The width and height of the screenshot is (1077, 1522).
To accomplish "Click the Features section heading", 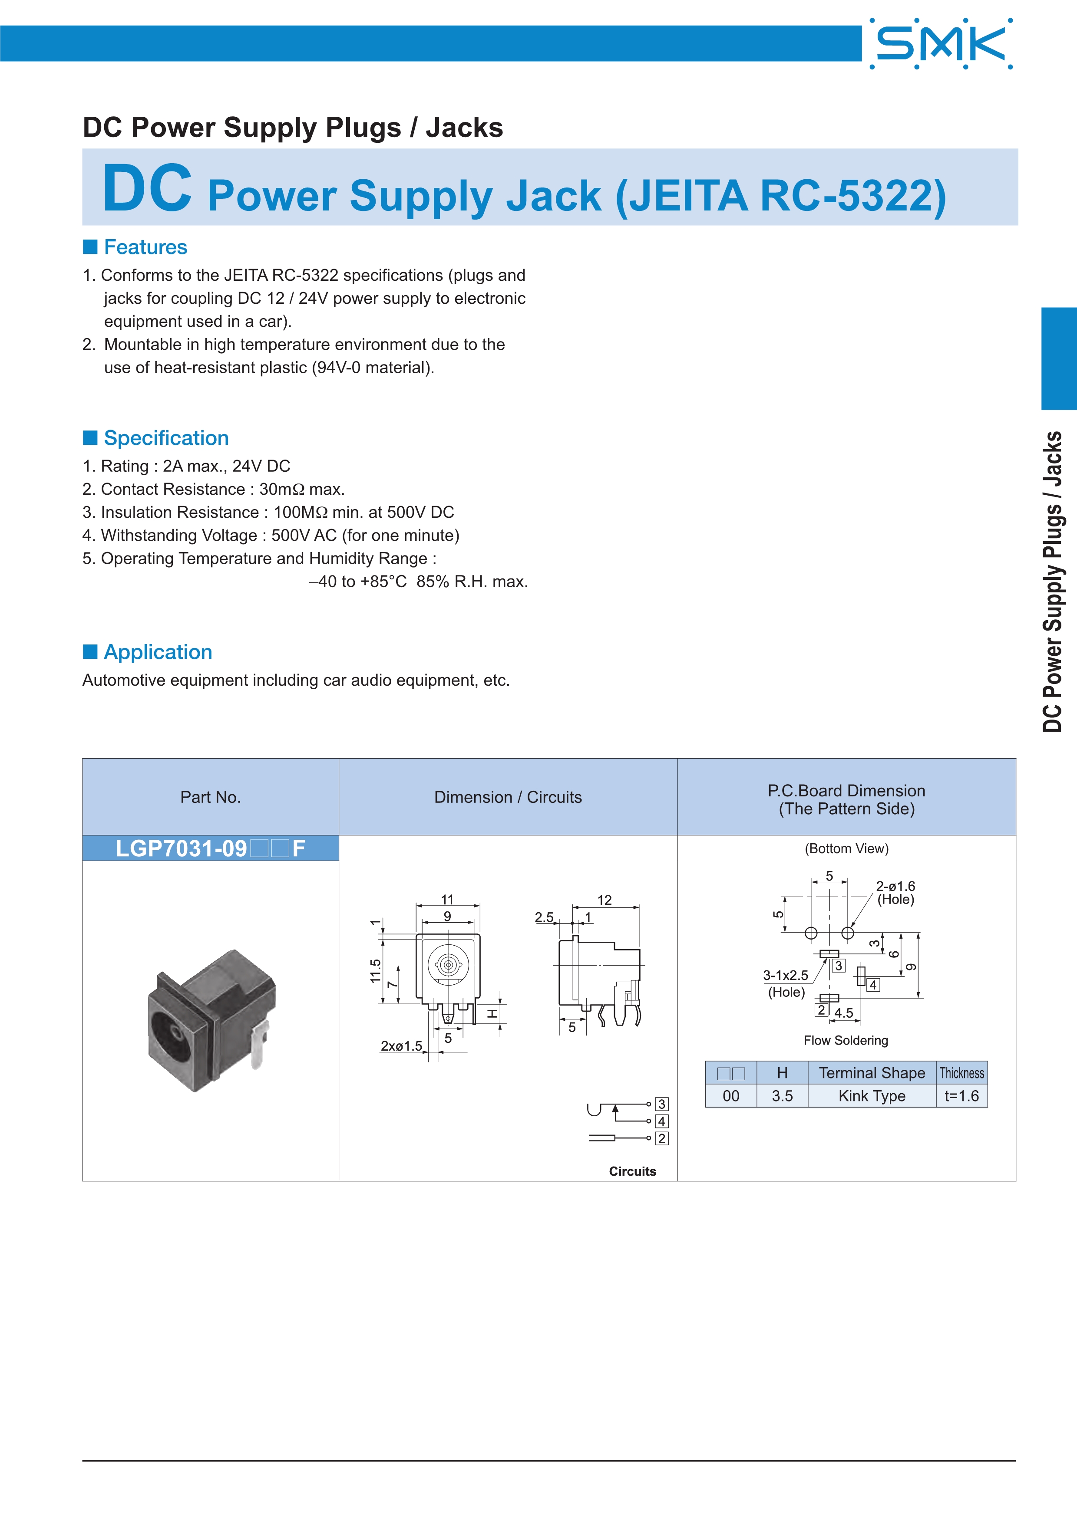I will [x=145, y=247].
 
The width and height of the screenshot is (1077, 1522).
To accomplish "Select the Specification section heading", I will [x=166, y=438].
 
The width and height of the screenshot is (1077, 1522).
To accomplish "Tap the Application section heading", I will [x=158, y=652].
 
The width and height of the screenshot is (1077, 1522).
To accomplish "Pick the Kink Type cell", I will [x=872, y=1096].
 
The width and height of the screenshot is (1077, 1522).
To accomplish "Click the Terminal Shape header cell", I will [x=872, y=1073].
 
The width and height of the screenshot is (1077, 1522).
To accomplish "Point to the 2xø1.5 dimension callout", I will [x=401, y=1046].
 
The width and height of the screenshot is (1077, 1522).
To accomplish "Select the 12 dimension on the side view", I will [x=604, y=900].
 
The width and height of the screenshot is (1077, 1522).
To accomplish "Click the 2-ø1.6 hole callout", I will [x=895, y=886].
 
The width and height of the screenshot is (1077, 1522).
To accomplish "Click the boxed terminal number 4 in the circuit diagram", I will [x=661, y=1121].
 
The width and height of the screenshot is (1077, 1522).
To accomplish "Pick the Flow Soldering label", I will [x=846, y=1041].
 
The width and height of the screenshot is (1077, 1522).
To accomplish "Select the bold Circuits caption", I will [x=633, y=1171].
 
